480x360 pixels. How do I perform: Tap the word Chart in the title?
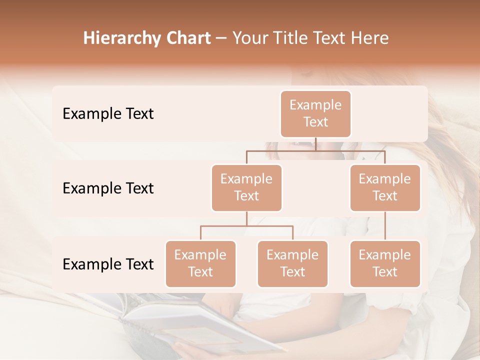187,38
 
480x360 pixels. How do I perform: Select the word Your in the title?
251,38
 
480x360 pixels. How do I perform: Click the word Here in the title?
369,38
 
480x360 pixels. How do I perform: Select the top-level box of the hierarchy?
315,113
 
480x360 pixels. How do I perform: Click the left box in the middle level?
246,187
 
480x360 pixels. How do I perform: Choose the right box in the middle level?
385,187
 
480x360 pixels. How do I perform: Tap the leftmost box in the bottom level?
200,263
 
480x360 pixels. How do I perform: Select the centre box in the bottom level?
292,263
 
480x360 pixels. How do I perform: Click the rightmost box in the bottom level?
385,263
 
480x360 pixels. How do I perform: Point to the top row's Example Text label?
108,113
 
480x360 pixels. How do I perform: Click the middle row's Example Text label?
108,188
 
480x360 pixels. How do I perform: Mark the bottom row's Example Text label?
108,264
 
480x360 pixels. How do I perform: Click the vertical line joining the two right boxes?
385,225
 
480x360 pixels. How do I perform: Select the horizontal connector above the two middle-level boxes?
315,150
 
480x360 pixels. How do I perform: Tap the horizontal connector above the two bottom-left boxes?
246,226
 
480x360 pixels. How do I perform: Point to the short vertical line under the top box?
315,144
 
